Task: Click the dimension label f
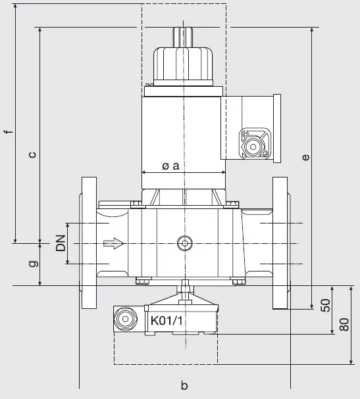[x=9, y=131]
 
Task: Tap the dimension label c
[x=32, y=154]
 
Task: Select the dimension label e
[x=305, y=157]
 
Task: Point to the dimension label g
[x=34, y=264]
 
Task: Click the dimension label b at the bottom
[x=184, y=385]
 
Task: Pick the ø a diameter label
[x=170, y=166]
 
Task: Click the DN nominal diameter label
[x=61, y=243]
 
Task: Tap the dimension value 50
[x=325, y=305]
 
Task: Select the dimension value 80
[x=344, y=325]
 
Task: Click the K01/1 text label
[x=167, y=321]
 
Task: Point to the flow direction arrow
[x=114, y=243]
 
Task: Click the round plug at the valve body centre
[x=185, y=243]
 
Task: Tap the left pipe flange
[x=88, y=243]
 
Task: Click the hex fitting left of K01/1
[x=125, y=319]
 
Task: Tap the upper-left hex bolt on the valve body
[x=136, y=204]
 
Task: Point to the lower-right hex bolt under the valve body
[x=236, y=281]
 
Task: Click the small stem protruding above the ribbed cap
[x=183, y=37]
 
